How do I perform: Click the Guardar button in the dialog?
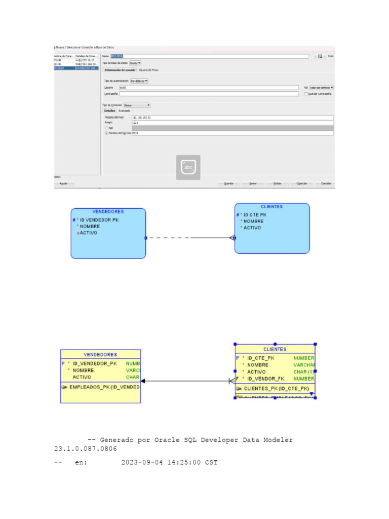229,183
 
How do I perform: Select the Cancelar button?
326,183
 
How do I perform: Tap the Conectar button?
301,183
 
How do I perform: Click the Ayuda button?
64,183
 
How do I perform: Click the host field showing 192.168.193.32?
232,118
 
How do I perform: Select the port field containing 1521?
232,123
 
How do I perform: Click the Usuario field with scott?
209,88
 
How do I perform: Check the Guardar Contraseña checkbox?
305,94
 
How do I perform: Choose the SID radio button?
106,128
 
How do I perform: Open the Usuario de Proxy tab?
148,70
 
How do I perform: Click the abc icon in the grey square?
188,167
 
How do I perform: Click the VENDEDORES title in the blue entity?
108,211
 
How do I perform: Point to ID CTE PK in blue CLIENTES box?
255,215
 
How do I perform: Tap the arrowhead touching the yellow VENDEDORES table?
143,381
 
